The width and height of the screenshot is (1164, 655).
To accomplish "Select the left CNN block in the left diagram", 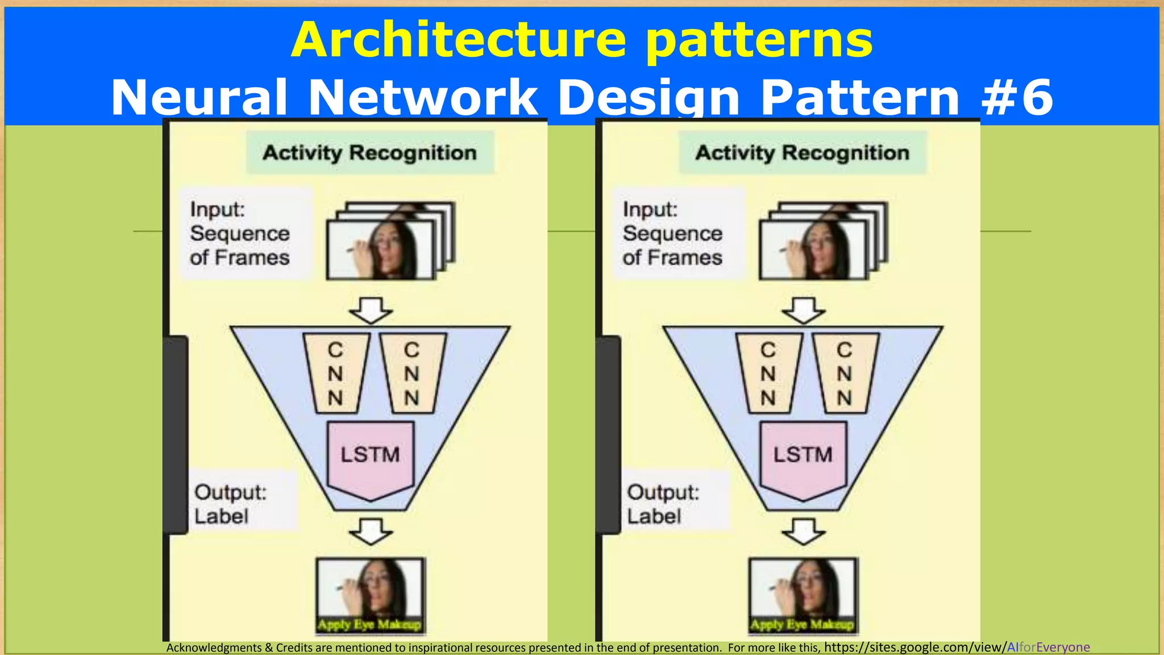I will click(336, 373).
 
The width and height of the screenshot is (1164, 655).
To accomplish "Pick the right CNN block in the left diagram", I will click(412, 373).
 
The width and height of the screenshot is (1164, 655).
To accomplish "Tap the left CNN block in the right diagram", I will click(768, 373).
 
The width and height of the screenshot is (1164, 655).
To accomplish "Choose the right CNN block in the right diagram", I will click(845, 373).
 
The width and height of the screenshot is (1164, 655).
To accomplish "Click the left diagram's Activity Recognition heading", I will click(369, 153).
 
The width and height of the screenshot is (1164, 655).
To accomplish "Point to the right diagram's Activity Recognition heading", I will click(803, 153).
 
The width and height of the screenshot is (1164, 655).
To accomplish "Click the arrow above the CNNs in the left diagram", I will click(371, 310).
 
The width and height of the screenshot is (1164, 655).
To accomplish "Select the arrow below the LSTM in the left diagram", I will click(371, 531).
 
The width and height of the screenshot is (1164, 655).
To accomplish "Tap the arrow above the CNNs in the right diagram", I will click(803, 310).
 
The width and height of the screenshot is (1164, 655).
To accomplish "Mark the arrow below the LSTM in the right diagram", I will click(803, 531).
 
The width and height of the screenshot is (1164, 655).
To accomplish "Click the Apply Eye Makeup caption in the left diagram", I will click(369, 624).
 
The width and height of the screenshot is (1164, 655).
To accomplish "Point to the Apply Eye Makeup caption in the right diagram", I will click(802, 624).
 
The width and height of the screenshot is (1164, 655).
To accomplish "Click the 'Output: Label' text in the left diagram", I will click(230, 504).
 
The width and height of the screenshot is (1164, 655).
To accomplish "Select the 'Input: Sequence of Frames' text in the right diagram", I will click(672, 233).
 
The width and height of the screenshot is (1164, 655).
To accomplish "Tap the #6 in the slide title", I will click(1017, 98).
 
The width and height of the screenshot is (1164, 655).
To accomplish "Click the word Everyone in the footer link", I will click(1063, 647).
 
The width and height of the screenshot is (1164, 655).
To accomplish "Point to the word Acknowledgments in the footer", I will click(214, 648).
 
